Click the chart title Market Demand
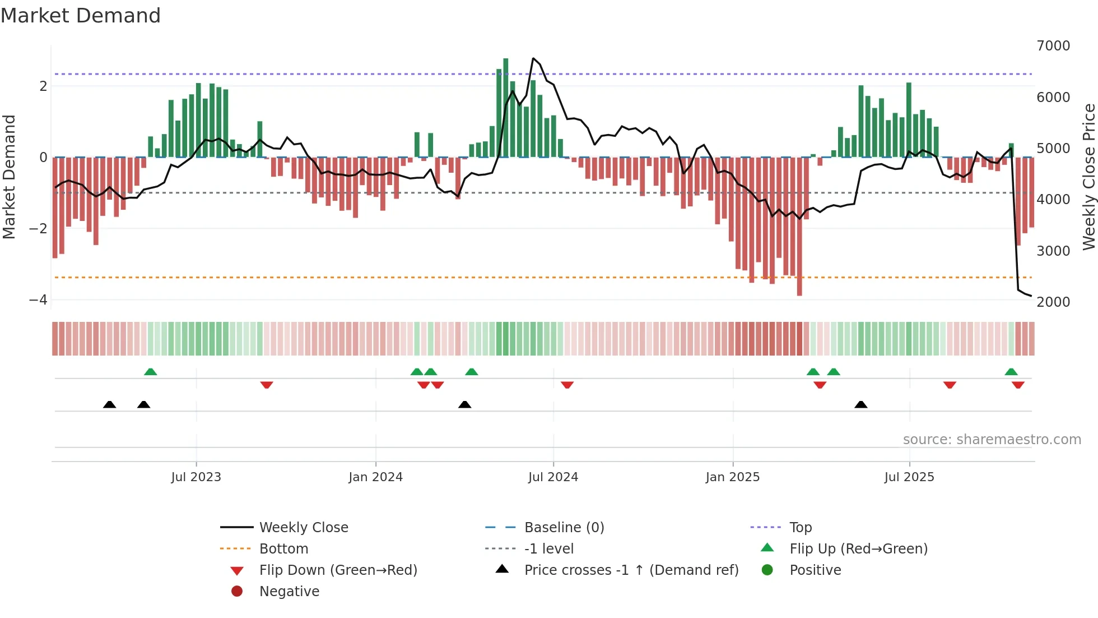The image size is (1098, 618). click(x=81, y=16)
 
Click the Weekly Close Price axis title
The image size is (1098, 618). click(x=1088, y=177)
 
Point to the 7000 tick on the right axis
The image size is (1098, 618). click(x=1053, y=46)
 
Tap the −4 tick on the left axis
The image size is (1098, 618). click(x=38, y=299)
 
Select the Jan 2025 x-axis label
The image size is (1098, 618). click(x=732, y=477)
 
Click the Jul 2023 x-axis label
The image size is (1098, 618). click(x=196, y=477)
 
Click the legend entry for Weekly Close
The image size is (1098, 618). click(x=303, y=528)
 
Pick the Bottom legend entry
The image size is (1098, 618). click(x=283, y=549)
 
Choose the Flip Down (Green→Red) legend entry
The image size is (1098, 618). click(x=338, y=570)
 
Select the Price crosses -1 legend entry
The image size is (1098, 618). click(x=631, y=570)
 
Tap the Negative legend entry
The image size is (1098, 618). click(x=289, y=592)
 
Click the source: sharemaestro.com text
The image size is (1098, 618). click(x=992, y=440)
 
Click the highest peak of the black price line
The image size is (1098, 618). click(x=533, y=58)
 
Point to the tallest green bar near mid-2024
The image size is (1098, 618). click(x=506, y=107)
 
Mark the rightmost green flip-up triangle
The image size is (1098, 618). click(x=1011, y=372)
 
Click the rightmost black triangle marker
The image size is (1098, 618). click(x=861, y=404)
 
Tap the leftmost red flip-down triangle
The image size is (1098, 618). click(x=267, y=385)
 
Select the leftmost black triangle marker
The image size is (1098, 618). click(x=110, y=404)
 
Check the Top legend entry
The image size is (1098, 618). click(x=800, y=528)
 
